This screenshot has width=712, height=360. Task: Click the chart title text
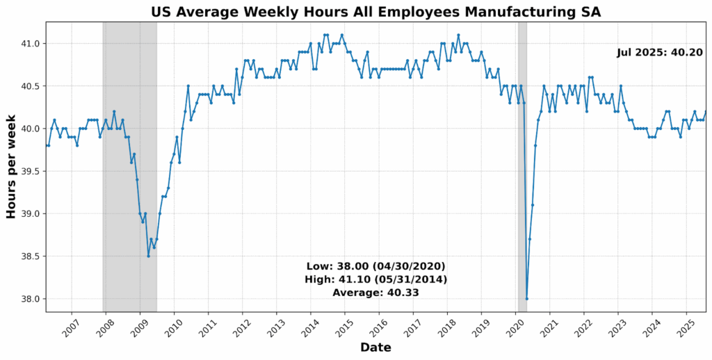376,11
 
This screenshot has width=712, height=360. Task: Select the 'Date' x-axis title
376,347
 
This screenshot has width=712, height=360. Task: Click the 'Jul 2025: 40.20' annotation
659,53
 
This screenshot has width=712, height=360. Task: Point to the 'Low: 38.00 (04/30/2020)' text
375,266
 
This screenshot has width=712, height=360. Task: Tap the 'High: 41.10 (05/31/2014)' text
375,279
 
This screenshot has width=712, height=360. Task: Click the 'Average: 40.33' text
375,293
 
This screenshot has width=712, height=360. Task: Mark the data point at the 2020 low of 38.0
527,299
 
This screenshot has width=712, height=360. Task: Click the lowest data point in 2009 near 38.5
148,256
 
